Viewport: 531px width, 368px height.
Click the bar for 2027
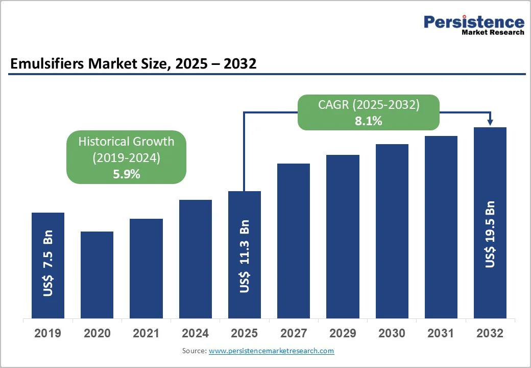294,240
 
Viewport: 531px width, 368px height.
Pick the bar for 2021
146,268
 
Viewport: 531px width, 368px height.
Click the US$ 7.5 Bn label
48,263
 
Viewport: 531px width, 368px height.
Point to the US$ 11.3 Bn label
245,256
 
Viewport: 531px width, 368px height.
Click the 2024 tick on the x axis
195,333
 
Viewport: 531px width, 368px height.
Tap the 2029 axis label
343,333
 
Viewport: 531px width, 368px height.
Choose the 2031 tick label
441,333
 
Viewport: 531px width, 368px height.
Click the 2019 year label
47,333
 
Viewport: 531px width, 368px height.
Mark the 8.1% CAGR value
369,122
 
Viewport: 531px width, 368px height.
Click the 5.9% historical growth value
126,174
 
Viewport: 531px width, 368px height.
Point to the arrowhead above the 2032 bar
490,122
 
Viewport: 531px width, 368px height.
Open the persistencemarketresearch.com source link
271,351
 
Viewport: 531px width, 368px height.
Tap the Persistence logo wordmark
474,22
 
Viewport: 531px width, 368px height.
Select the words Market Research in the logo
492,33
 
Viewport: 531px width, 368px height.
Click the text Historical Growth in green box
126,142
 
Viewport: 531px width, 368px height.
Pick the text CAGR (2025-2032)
369,105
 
